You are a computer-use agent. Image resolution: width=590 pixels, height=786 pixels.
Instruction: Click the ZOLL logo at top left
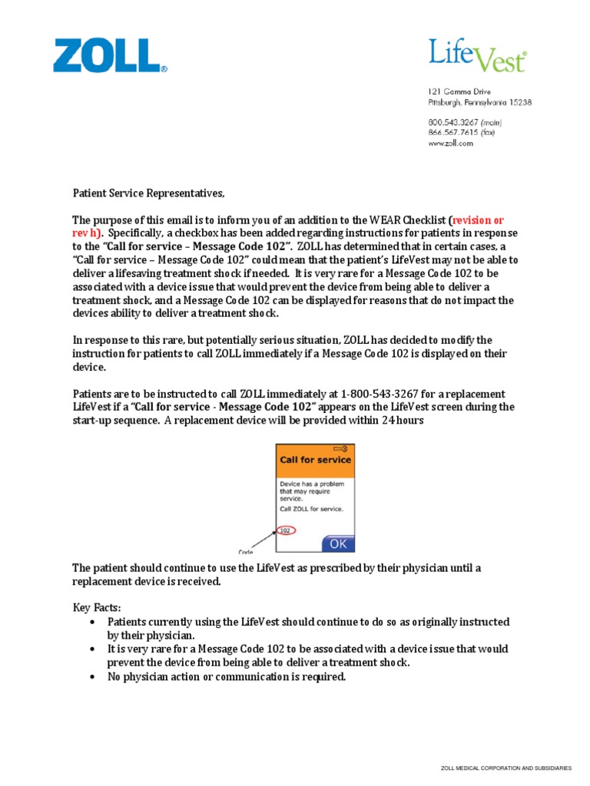108,57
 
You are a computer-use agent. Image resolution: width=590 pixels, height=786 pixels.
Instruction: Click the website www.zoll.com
451,143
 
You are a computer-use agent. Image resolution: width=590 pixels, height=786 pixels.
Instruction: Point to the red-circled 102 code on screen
285,530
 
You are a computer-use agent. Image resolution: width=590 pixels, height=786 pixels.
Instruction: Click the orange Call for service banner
315,460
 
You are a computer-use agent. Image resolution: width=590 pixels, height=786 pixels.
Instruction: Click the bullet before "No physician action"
92,677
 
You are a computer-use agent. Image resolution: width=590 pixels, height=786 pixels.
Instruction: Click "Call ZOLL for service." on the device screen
311,509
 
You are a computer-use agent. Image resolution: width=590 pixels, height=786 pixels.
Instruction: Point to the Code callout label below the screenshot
246,550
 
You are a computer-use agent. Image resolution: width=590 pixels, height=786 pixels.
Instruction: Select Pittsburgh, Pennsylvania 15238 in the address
479,101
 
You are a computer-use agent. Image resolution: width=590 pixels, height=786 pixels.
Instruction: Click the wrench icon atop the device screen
341,448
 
